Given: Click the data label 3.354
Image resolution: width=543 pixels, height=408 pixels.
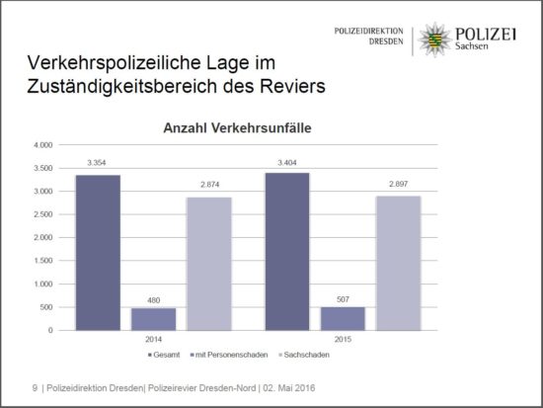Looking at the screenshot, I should click(97, 162).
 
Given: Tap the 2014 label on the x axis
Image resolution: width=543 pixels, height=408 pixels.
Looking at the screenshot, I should click(153, 339).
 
